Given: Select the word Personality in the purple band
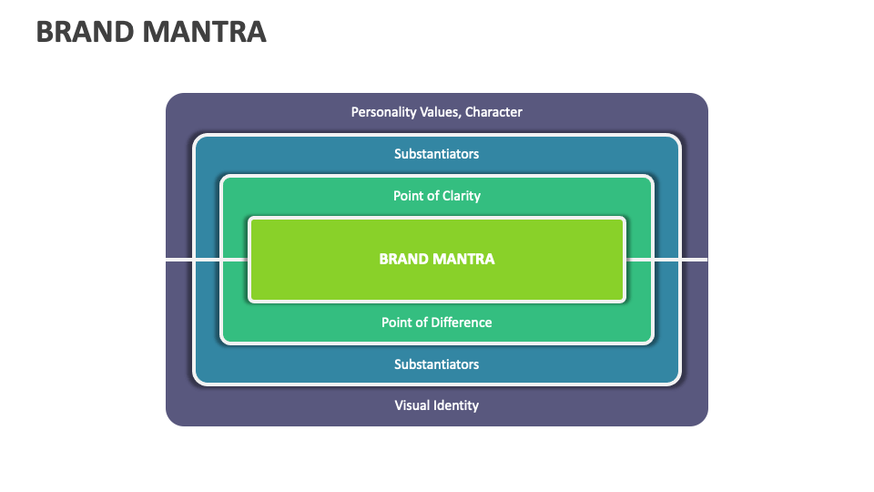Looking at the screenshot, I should [x=381, y=112].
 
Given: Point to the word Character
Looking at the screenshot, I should [x=494, y=112].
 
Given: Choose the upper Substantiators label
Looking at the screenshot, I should [x=436, y=154].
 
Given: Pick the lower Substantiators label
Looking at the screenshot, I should [x=436, y=364].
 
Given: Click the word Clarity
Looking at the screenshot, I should [x=461, y=196].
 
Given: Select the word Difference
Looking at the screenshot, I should [x=461, y=323].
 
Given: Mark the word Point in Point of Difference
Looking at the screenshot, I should [x=397, y=323].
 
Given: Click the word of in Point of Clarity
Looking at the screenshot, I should [x=432, y=196].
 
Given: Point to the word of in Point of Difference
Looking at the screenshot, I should [x=421, y=323].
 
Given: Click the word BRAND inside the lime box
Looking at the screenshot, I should [x=403, y=259].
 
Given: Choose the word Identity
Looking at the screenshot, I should [x=457, y=405].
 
